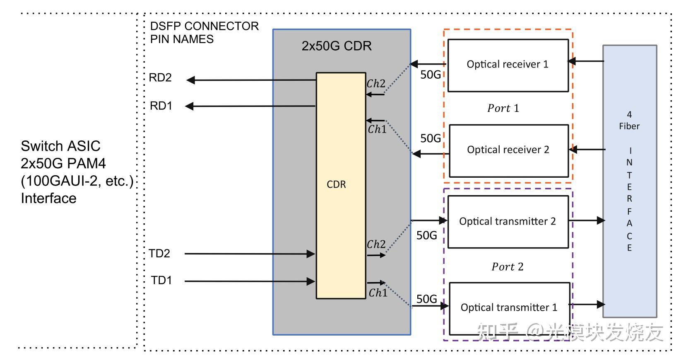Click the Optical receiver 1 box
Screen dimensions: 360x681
508,65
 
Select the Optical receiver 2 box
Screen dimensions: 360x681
508,150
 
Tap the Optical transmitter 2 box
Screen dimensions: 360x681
508,222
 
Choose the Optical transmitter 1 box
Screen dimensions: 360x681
509,308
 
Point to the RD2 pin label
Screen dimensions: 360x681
160,78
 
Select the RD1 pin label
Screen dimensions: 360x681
161,106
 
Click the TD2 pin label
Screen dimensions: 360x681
159,254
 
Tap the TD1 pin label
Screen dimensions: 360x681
161,280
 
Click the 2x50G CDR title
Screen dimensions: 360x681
336,46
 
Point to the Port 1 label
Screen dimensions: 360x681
503,109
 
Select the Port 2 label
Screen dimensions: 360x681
508,267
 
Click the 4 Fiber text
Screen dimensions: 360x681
629,120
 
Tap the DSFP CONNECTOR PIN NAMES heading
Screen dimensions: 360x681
204,32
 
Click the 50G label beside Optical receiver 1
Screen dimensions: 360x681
431,75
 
